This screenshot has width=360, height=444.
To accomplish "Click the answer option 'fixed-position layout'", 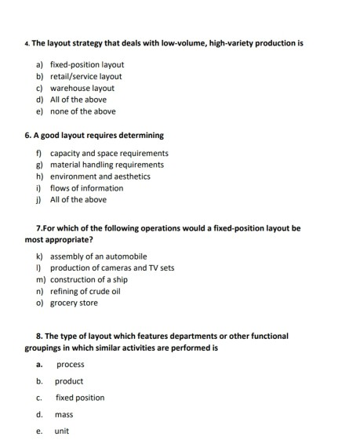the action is coord(86,64).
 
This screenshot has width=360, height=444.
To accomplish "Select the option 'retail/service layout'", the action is coord(85,76).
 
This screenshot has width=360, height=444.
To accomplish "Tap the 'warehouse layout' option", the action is coord(82,88).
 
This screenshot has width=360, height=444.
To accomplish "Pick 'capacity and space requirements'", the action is coord(109,153).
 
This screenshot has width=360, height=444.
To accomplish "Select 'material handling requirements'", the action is coord(107,165).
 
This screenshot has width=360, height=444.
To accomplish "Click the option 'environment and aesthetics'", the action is coord(100,177).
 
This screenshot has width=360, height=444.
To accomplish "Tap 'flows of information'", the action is coord(86,188).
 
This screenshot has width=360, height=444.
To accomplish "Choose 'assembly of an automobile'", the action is coord(98,257).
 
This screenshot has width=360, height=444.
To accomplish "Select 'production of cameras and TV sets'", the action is coord(112,267).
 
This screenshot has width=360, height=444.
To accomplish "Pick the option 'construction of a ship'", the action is coord(93,279).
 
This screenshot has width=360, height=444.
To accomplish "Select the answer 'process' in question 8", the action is coord(71,365).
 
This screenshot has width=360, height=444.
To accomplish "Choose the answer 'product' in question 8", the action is coord(69,381).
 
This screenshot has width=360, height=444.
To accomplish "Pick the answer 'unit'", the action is coord(62,431).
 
